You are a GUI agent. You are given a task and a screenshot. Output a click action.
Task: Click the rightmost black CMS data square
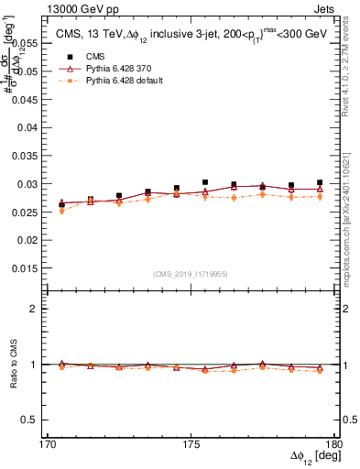(320, 182)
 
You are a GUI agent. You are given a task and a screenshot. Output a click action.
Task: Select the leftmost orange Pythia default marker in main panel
(61, 211)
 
